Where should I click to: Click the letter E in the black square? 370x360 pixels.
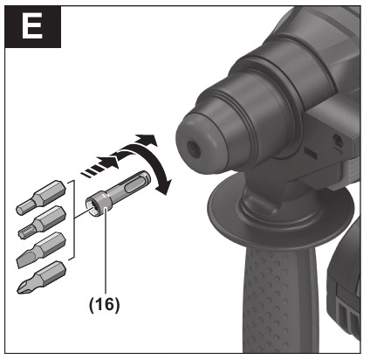tap(31, 28)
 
